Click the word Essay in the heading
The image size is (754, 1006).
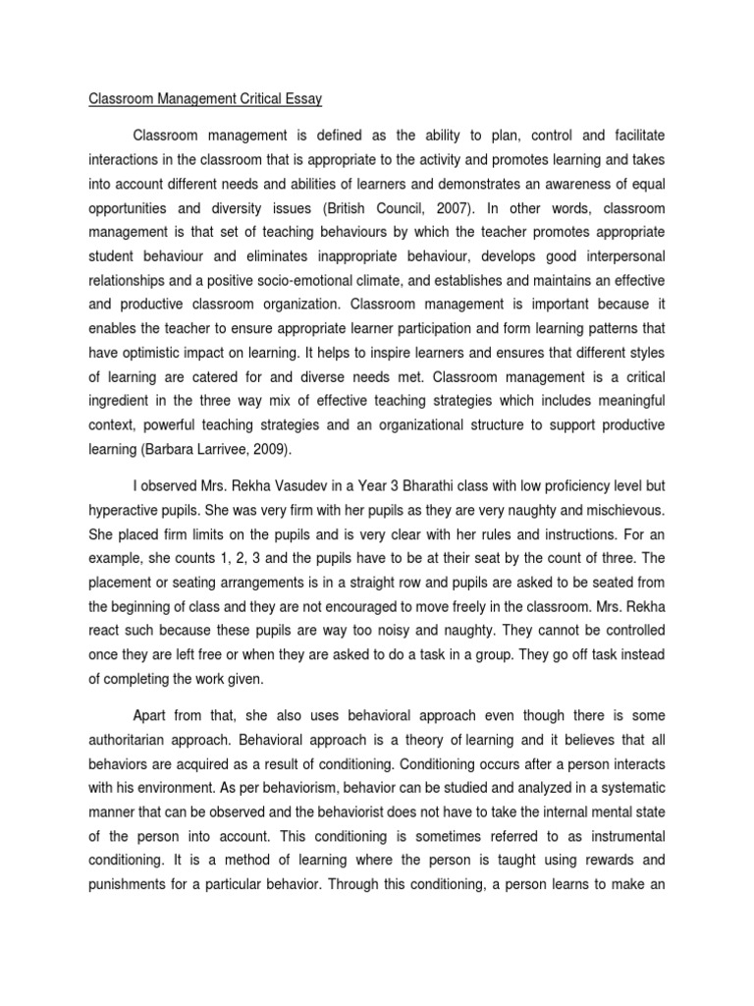point(303,99)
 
